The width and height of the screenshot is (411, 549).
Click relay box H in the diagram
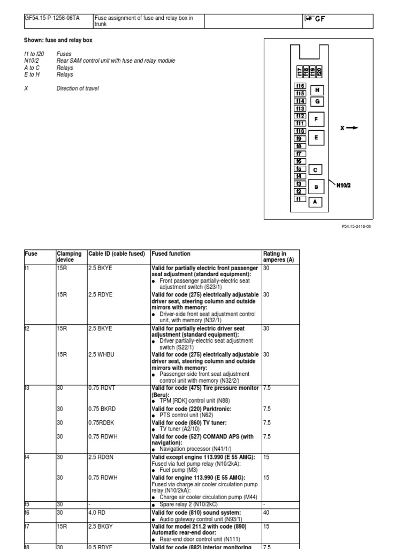317,90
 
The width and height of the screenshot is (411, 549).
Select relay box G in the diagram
317,101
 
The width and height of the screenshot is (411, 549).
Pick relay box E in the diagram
316,138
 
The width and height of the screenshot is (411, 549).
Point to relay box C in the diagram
315,170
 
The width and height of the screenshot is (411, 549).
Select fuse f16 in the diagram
300,86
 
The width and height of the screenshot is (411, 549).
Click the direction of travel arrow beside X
352,128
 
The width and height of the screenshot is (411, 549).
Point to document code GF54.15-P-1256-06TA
52,18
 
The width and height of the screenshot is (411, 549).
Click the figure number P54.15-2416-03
356,226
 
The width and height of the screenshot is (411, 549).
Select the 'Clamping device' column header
70,257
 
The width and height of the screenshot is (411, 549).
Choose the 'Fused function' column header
171,254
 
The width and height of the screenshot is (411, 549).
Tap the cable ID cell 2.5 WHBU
100,354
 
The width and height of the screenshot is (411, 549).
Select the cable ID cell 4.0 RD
97,513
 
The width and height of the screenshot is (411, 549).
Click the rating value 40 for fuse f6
267,513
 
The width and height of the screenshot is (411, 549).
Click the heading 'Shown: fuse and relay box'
61,40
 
